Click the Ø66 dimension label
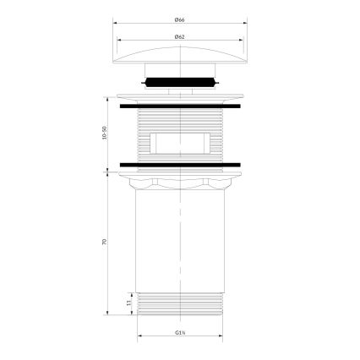180,19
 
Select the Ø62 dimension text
180,35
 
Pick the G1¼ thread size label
180,332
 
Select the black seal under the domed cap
180,83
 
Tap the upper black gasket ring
180,107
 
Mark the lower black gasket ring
180,162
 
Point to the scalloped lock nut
180,182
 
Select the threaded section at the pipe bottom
180,303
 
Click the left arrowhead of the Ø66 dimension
115,25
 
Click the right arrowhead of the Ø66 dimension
245,25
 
